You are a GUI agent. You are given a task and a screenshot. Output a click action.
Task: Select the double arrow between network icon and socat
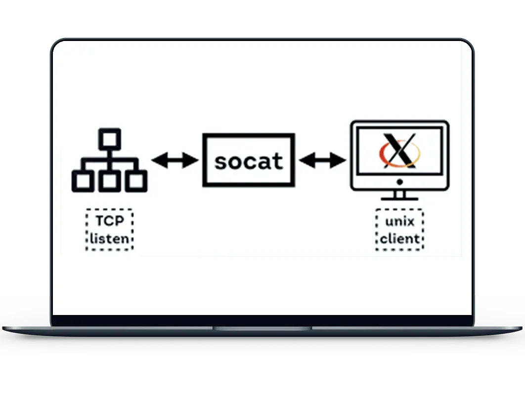point(175,160)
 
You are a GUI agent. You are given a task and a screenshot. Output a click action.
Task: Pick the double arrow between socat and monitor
point(323,160)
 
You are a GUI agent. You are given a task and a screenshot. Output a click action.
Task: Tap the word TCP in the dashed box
point(109,221)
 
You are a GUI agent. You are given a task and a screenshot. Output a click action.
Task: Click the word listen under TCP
point(109,239)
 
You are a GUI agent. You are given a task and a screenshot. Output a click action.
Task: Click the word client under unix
point(399,239)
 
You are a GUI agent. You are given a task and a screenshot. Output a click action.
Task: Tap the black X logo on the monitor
point(399,149)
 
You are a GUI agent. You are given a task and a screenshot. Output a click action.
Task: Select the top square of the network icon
point(109,139)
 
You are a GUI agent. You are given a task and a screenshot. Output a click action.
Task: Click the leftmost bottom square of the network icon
point(82,181)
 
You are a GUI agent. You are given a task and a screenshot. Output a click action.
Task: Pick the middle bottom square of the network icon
point(109,181)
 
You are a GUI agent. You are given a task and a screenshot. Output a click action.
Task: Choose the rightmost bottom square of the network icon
point(136,181)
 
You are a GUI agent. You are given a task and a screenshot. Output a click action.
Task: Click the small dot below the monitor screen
point(399,182)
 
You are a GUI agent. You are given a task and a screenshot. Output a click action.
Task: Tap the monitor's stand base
point(399,198)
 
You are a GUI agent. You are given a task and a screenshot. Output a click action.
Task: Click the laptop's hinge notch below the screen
point(262,328)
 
